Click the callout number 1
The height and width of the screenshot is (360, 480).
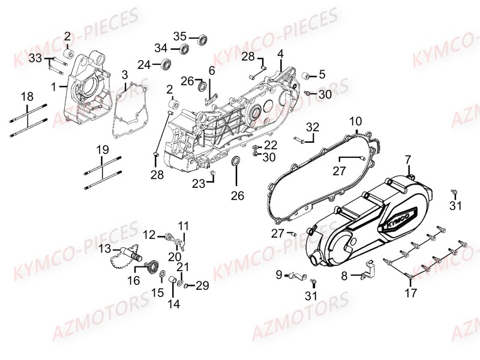(54, 86)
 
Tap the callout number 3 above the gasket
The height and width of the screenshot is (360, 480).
(124, 75)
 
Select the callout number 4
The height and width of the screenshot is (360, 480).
(280, 54)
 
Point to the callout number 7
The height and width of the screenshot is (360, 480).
(407, 160)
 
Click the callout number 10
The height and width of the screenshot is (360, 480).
(355, 121)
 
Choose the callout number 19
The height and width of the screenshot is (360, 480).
(103, 149)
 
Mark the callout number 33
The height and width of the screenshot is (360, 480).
(35, 58)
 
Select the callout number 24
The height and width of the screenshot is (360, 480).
(144, 64)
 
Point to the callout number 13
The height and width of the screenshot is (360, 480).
(105, 249)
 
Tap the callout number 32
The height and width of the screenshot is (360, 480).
(313, 127)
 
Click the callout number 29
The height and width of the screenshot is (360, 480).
(202, 286)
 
